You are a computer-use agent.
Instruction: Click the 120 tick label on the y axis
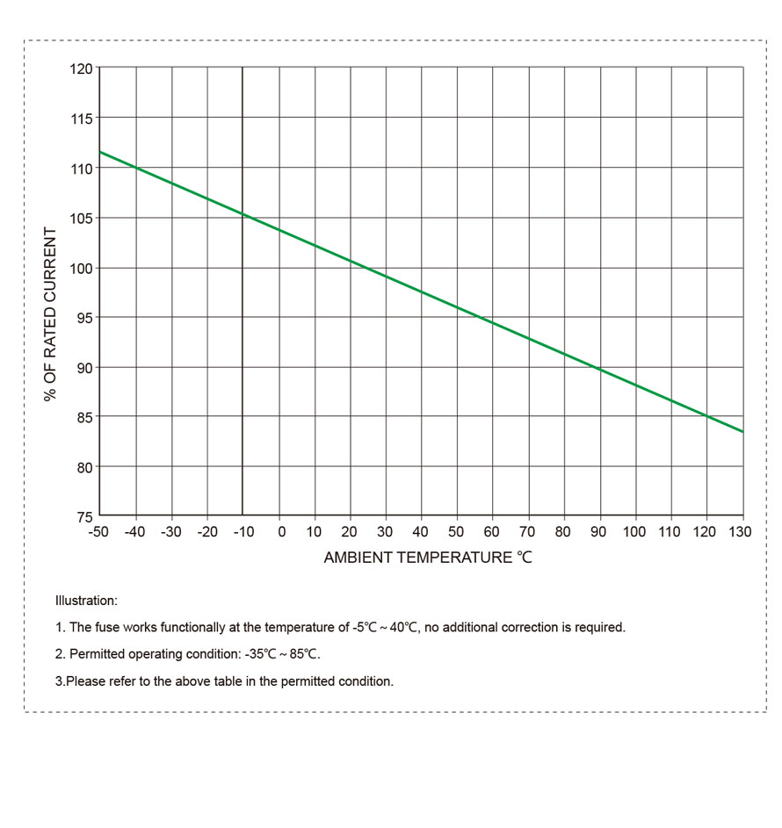(x=81, y=68)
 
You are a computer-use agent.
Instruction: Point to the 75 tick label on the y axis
(x=83, y=516)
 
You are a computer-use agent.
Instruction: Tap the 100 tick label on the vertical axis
(x=81, y=268)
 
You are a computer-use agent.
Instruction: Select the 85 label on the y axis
(x=83, y=417)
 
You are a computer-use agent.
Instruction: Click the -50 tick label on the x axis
(x=98, y=532)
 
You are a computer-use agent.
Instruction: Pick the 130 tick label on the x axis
(x=741, y=532)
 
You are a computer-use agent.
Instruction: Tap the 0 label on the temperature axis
(x=281, y=532)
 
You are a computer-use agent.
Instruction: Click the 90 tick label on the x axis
(x=598, y=532)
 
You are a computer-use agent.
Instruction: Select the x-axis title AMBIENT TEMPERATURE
(x=428, y=558)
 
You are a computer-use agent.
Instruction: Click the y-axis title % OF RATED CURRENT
(x=50, y=314)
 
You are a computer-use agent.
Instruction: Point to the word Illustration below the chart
(x=85, y=601)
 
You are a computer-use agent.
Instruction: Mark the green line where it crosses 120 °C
(x=706, y=416)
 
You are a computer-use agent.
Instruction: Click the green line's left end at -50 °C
(x=100, y=152)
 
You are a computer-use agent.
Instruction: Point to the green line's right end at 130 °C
(x=742, y=432)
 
